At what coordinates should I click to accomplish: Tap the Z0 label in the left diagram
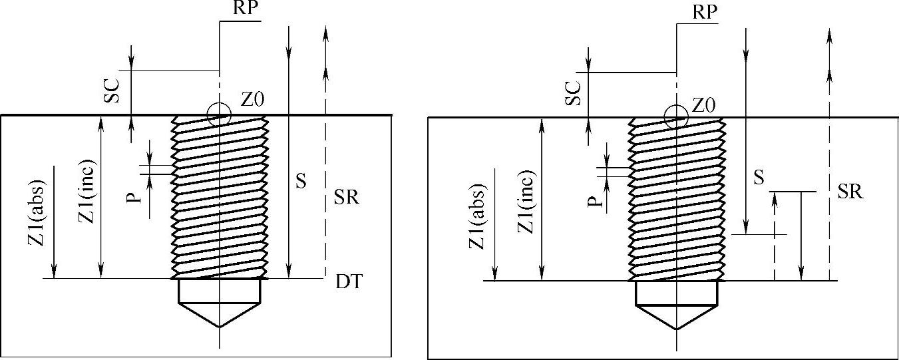click(x=252, y=100)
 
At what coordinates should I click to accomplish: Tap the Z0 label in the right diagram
click(x=704, y=105)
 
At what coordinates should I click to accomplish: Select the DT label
click(x=347, y=282)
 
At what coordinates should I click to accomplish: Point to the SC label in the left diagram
click(x=111, y=93)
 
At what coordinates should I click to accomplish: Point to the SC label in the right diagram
click(x=572, y=94)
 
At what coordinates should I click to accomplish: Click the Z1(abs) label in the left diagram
click(x=37, y=213)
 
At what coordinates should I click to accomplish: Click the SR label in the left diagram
click(x=347, y=198)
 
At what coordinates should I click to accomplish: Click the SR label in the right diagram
click(x=850, y=192)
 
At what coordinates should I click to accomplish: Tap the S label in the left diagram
click(x=300, y=181)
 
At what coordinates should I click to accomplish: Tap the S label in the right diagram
click(x=758, y=178)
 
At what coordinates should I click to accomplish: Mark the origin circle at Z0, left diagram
click(x=219, y=114)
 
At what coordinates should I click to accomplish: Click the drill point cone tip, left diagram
click(x=219, y=327)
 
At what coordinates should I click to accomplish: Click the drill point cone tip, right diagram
click(x=676, y=329)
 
